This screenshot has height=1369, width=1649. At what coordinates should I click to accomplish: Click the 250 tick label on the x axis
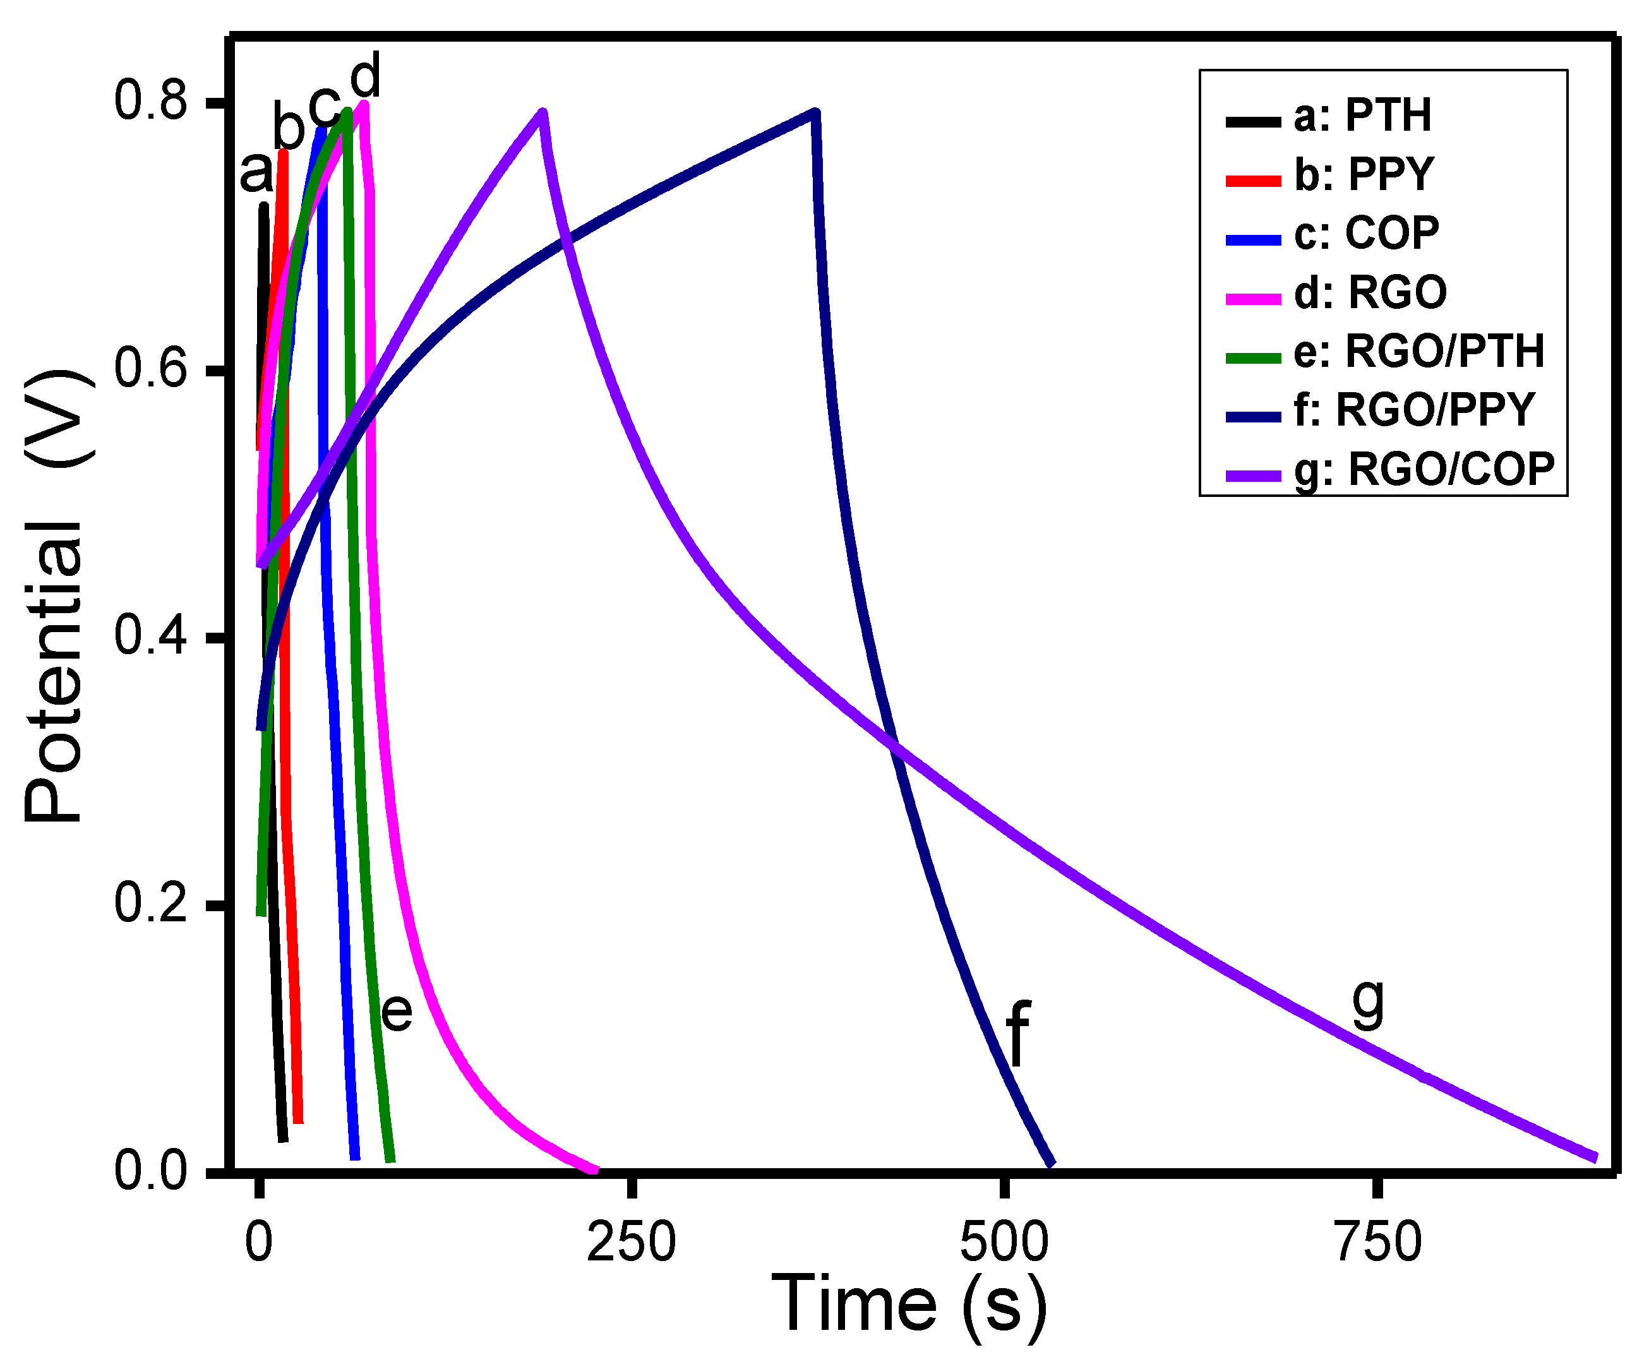pos(632,1243)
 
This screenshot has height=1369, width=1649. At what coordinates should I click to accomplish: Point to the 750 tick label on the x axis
pos(1378,1243)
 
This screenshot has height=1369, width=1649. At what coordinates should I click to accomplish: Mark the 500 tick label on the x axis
pos(1004,1243)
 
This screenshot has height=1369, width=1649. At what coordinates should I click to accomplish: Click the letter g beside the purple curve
pos(1369,1004)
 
